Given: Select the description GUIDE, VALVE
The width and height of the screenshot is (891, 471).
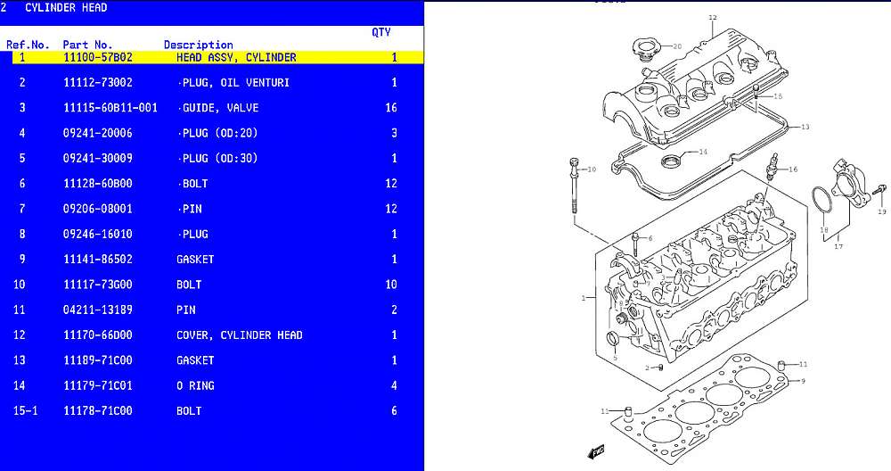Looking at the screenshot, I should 219,108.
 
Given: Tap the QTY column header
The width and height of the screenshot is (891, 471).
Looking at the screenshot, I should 380,32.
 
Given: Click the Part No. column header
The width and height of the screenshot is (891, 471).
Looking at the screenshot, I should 87,45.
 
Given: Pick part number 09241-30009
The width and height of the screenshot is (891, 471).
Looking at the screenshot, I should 97,159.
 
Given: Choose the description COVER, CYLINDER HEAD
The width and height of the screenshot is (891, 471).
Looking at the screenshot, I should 239,335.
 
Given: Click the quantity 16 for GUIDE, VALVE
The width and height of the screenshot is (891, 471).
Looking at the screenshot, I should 390,108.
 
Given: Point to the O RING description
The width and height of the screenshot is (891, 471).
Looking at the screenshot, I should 195,386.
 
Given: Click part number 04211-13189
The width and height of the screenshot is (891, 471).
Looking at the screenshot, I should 97,310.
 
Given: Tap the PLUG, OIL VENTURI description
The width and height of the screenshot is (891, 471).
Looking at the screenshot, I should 234,83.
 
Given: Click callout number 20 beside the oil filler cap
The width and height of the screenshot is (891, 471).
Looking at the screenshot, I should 677,45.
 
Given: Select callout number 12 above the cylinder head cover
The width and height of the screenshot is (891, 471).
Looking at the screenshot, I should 712,17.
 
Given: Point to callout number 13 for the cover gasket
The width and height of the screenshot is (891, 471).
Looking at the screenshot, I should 805,127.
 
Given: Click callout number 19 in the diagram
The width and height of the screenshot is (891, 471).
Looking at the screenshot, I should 882,212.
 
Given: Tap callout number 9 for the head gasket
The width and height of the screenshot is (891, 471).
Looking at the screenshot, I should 803,381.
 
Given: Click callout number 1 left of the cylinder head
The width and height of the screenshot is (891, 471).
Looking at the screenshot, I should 583,298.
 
